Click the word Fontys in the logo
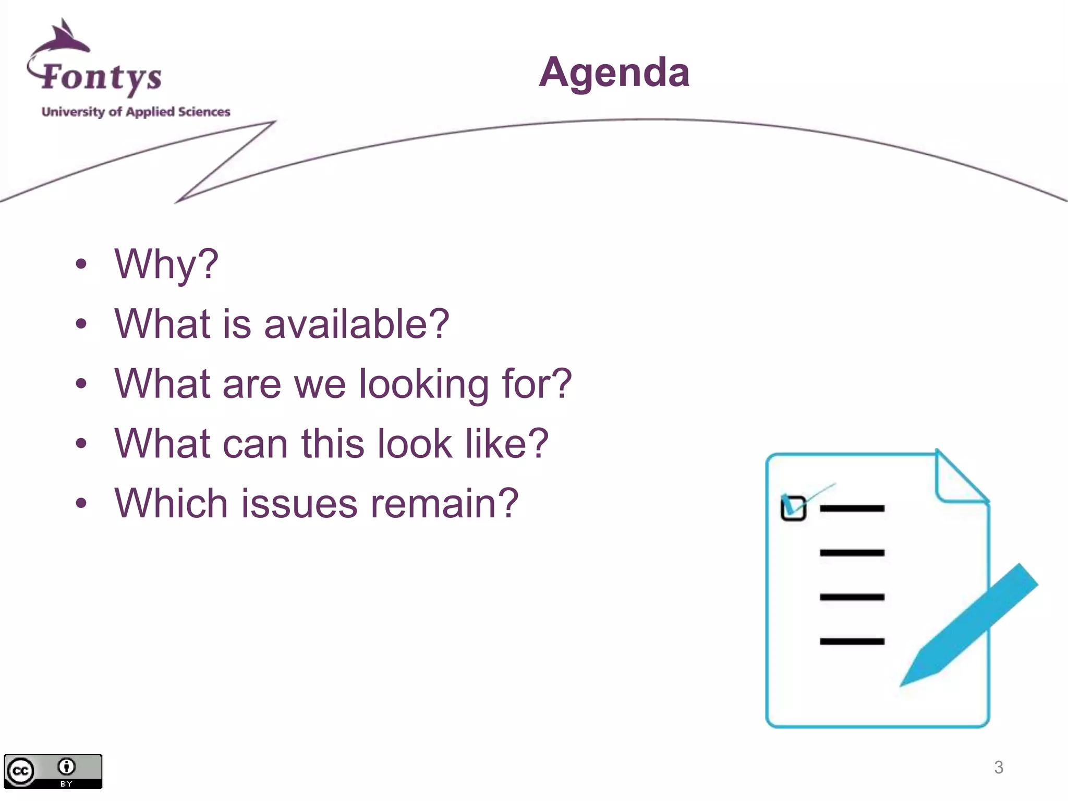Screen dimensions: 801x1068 point(101,77)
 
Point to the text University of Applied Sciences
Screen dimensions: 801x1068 point(136,112)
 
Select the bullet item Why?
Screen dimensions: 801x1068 point(166,264)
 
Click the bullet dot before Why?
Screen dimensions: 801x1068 point(81,264)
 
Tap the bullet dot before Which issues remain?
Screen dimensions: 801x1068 point(81,504)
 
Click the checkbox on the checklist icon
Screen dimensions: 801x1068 point(793,508)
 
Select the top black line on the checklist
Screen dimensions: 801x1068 point(852,508)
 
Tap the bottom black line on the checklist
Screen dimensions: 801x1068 point(852,641)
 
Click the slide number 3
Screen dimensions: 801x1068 point(998,767)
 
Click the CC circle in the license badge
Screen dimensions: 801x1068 point(20,771)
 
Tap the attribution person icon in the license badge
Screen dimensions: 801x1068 point(66,767)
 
